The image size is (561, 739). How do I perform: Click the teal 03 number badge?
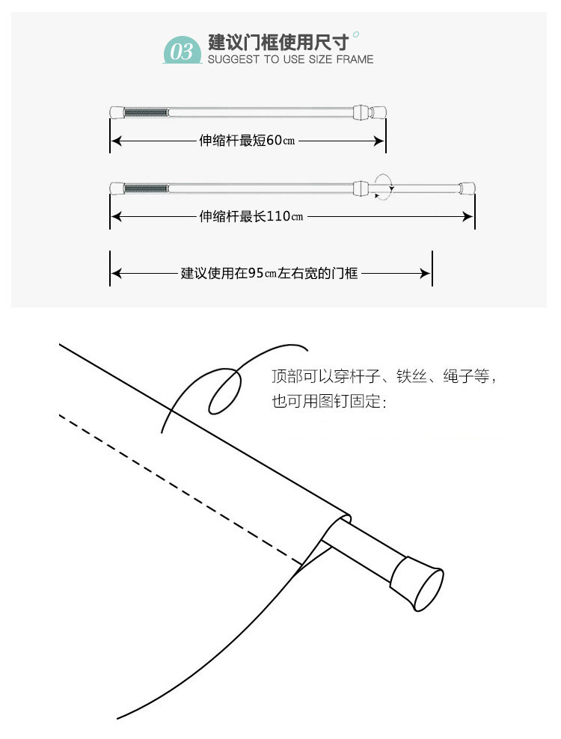(183, 50)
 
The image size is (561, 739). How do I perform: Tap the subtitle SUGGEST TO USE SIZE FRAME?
(290, 59)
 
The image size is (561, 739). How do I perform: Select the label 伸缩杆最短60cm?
(247, 141)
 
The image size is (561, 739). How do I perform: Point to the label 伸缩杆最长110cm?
(251, 217)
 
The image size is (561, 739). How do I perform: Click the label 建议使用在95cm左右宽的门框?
(270, 274)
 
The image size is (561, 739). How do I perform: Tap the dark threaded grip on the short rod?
(145, 112)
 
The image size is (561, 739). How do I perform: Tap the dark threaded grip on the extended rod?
(145, 187)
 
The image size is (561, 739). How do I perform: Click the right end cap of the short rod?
(378, 112)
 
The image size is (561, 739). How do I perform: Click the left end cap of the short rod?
(117, 112)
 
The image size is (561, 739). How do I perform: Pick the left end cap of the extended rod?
(117, 187)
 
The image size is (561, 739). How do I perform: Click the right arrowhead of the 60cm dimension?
(380, 141)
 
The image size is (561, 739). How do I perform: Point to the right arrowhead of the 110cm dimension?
(469, 217)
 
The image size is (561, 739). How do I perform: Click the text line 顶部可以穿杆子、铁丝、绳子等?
(384, 378)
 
